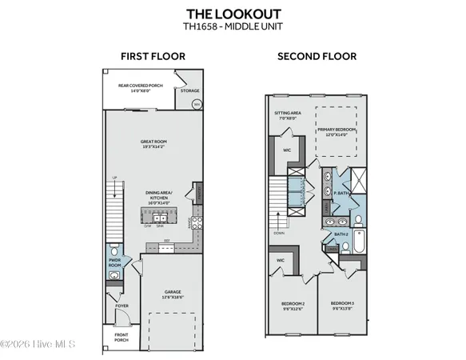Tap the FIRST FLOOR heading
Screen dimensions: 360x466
point(153,56)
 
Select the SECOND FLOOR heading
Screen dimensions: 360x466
point(317,56)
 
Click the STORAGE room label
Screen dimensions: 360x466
point(189,90)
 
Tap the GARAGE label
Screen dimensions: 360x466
point(173,293)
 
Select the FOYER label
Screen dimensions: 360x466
point(121,305)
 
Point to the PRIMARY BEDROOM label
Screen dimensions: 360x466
point(336,131)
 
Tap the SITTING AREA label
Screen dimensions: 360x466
point(289,114)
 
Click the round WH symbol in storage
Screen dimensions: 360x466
point(197,102)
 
